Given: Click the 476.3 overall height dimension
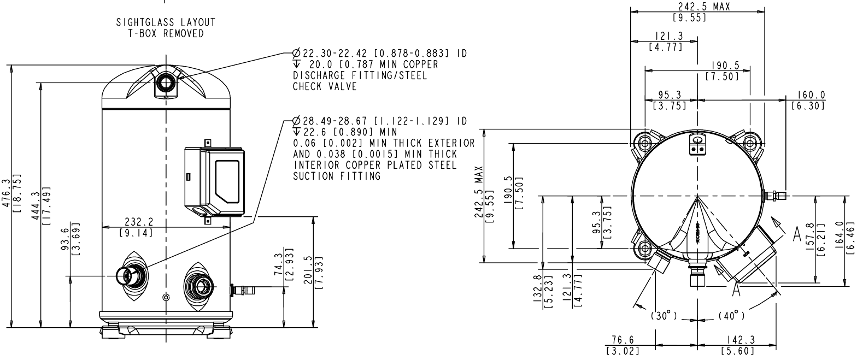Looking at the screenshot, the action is (x=6, y=194).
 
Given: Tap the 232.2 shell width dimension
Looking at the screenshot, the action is (x=139, y=222).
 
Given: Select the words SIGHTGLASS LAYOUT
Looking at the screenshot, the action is (x=166, y=22).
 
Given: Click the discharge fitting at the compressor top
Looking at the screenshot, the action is (x=166, y=84).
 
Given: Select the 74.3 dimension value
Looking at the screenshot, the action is (x=279, y=264).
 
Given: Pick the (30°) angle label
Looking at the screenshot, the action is (x=664, y=316).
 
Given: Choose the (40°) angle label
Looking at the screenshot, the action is (x=731, y=316).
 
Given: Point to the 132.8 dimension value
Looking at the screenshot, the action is (x=538, y=288).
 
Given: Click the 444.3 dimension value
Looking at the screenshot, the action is (x=36, y=205).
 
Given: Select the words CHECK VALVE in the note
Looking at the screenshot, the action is (x=325, y=86).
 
